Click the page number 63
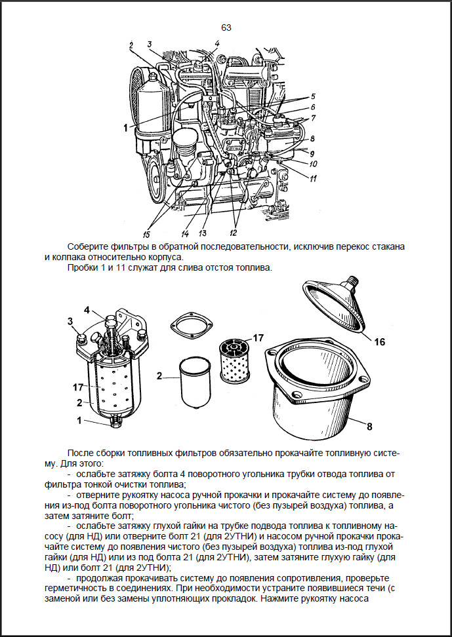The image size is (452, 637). pyautogui.click(x=226, y=28)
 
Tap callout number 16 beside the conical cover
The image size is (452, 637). pyautogui.click(x=380, y=341)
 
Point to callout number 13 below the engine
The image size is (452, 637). pyautogui.click(x=203, y=233)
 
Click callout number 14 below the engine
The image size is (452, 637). pyautogui.click(x=185, y=233)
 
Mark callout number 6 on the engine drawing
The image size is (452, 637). pyautogui.click(x=313, y=107)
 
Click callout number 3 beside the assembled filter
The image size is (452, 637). pyautogui.click(x=70, y=320)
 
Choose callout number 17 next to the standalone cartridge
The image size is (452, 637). pyautogui.click(x=258, y=338)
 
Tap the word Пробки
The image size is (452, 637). pyautogui.click(x=81, y=268)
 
